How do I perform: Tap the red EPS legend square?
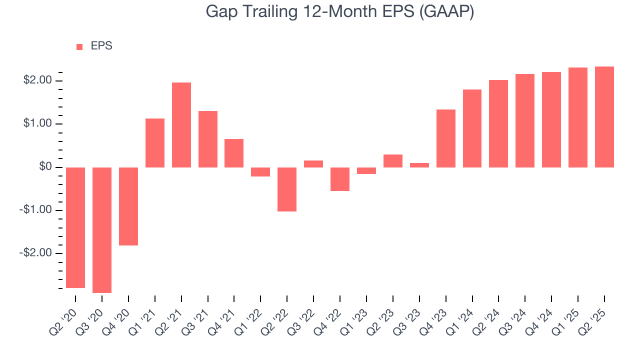coord(79,47)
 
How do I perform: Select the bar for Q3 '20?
coord(102,229)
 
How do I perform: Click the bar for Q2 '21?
coord(181,124)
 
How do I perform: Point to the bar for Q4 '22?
coord(340,179)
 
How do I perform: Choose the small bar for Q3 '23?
coord(419,165)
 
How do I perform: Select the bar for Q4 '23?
coord(446,138)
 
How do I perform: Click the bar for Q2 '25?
coord(604,116)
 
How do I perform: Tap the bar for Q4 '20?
coord(128,206)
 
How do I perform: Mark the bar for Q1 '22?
coord(260,171)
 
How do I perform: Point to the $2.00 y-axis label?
coord(37,80)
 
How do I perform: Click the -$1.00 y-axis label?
coord(36,210)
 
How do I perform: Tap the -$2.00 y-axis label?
coord(36,253)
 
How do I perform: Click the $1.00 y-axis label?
coord(37,123)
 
